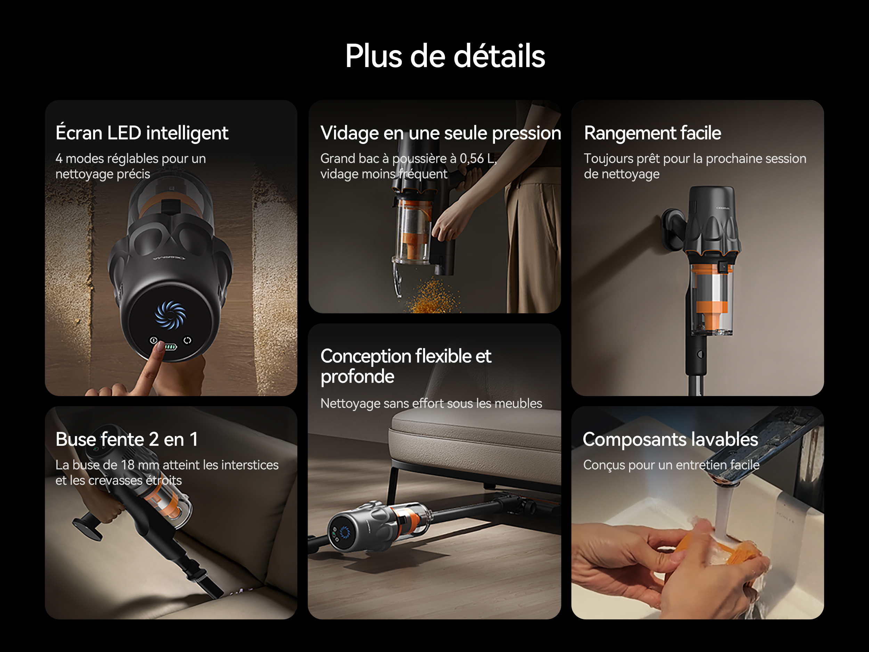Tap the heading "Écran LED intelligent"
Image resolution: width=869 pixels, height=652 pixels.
(x=142, y=133)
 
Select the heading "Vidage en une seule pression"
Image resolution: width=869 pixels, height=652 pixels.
(x=441, y=133)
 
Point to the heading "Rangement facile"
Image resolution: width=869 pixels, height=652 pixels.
(x=652, y=133)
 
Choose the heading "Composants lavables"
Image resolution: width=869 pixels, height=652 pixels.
(x=670, y=440)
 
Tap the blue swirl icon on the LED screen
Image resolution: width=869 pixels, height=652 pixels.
(x=170, y=314)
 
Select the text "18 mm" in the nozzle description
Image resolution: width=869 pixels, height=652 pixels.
(x=139, y=465)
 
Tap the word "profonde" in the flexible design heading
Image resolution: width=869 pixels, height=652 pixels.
(x=357, y=377)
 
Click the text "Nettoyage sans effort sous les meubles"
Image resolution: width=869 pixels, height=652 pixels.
(x=431, y=403)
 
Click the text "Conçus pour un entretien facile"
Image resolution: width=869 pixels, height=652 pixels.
(x=671, y=465)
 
